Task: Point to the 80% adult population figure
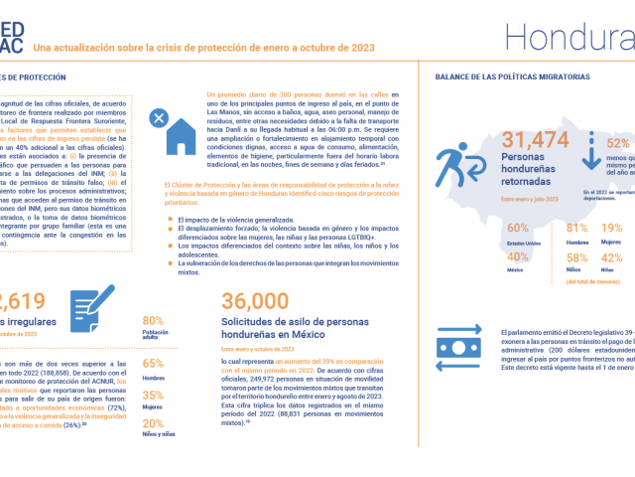click(x=153, y=320)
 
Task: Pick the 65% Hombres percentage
click(x=153, y=363)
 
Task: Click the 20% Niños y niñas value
click(x=153, y=422)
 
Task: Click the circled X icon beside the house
click(x=158, y=118)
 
